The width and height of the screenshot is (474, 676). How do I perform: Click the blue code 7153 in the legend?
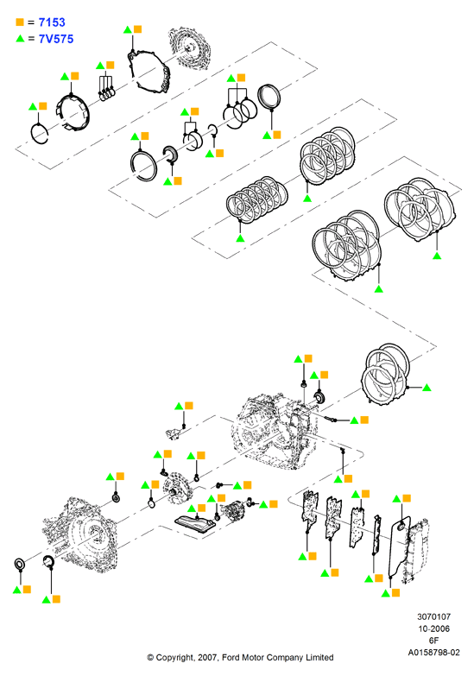tap(52, 22)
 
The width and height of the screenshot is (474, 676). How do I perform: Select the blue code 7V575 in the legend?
tap(56, 39)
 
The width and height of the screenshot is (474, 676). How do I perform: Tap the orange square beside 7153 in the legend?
tap(20, 22)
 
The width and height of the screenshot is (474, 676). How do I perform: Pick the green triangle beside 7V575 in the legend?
tap(20, 38)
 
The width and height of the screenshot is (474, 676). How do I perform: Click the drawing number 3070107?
tap(433, 617)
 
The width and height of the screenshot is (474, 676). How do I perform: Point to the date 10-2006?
tap(433, 629)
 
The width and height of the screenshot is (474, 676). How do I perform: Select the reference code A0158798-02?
tap(433, 653)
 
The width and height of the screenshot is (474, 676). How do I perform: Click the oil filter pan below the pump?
tap(194, 526)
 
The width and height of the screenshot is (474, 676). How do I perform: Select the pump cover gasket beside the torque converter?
tap(148, 70)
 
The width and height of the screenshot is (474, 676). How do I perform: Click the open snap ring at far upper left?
tap(39, 133)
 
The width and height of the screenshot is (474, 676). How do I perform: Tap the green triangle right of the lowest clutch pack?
tap(427, 388)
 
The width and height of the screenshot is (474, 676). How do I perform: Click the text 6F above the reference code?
tap(433, 641)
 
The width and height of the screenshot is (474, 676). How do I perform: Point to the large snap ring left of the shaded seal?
tap(143, 166)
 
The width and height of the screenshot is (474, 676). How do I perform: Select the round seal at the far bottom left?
tap(20, 564)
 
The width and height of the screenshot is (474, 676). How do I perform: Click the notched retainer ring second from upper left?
tap(73, 113)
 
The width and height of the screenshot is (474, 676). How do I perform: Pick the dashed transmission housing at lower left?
tap(82, 534)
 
